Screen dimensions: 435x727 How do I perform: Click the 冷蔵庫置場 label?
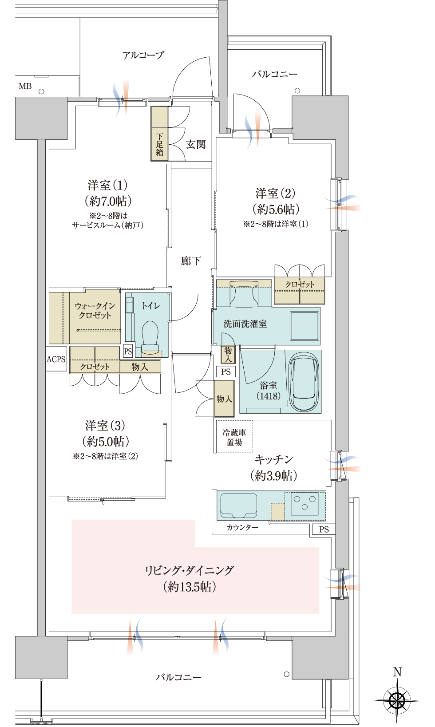[234, 437]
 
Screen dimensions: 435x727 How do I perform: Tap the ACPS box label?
[56, 359]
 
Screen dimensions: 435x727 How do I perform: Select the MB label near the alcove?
[25, 86]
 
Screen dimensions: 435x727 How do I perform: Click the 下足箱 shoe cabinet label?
[159, 144]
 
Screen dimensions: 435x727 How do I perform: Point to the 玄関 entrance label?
[196, 144]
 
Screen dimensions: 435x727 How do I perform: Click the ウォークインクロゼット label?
[95, 310]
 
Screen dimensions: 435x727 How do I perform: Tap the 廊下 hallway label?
[191, 261]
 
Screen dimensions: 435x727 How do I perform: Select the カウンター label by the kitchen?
[242, 527]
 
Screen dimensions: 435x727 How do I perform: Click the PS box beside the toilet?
[128, 351]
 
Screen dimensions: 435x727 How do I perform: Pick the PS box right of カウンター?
[324, 529]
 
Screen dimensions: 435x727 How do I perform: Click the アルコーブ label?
[143, 55]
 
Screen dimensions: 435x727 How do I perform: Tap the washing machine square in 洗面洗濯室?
[304, 326]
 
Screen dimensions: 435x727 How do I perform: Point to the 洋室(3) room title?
[105, 425]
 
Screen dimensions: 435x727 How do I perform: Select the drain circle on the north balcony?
[297, 91]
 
